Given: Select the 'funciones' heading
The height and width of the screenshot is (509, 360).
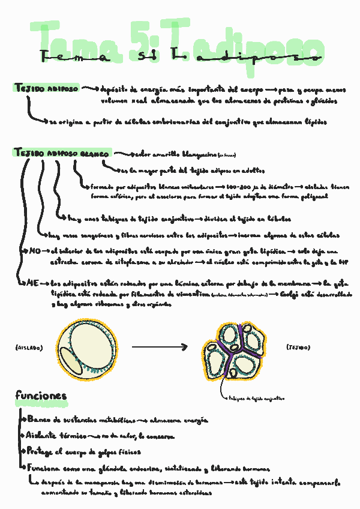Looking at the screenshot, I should tap(41, 396).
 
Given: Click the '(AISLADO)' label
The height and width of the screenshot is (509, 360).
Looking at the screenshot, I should tap(28, 348).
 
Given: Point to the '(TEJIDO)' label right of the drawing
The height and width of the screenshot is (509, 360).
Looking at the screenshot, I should tap(298, 347).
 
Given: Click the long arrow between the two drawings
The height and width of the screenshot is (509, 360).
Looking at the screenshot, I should tap(159, 347).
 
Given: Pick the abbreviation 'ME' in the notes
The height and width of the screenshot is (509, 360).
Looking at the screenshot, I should tap(34, 282).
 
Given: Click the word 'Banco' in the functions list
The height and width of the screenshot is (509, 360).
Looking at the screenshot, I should tap(39, 419).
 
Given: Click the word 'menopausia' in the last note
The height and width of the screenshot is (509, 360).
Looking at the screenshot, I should tap(99, 482).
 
